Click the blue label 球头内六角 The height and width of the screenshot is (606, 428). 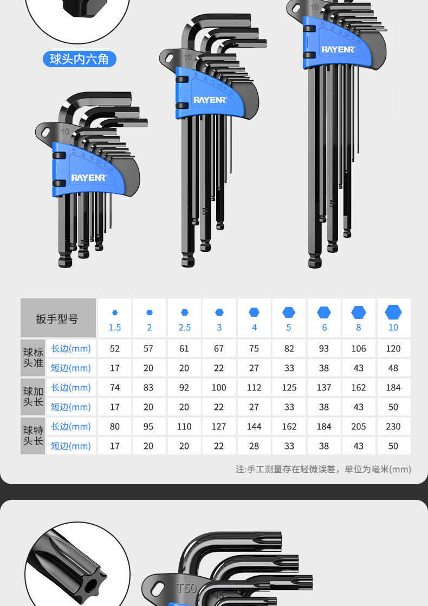pos(79,59)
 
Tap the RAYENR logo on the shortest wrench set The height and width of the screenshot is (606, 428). pos(89,177)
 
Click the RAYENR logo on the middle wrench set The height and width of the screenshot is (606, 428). pos(211,100)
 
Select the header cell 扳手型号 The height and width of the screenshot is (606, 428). pos(57,318)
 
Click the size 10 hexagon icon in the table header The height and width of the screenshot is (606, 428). pos(393,312)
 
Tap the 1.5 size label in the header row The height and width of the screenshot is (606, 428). pos(115,328)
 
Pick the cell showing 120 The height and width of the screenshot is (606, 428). pos(393,349)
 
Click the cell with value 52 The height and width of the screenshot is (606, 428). pos(115,349)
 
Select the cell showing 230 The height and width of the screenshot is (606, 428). pos(393,427)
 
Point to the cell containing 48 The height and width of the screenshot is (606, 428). pos(393,368)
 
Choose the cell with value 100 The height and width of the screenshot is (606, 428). pos(219,388)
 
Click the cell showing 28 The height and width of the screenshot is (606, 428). pos(254,446)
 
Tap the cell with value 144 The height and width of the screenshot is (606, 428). pos(254,427)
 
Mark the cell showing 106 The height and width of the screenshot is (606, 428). pos(359,349)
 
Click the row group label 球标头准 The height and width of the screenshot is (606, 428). pos(33,358)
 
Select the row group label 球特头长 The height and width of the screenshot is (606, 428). pos(33,436)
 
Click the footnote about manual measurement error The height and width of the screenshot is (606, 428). pos(323,469)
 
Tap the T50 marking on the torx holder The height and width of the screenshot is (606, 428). pos(187,588)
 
